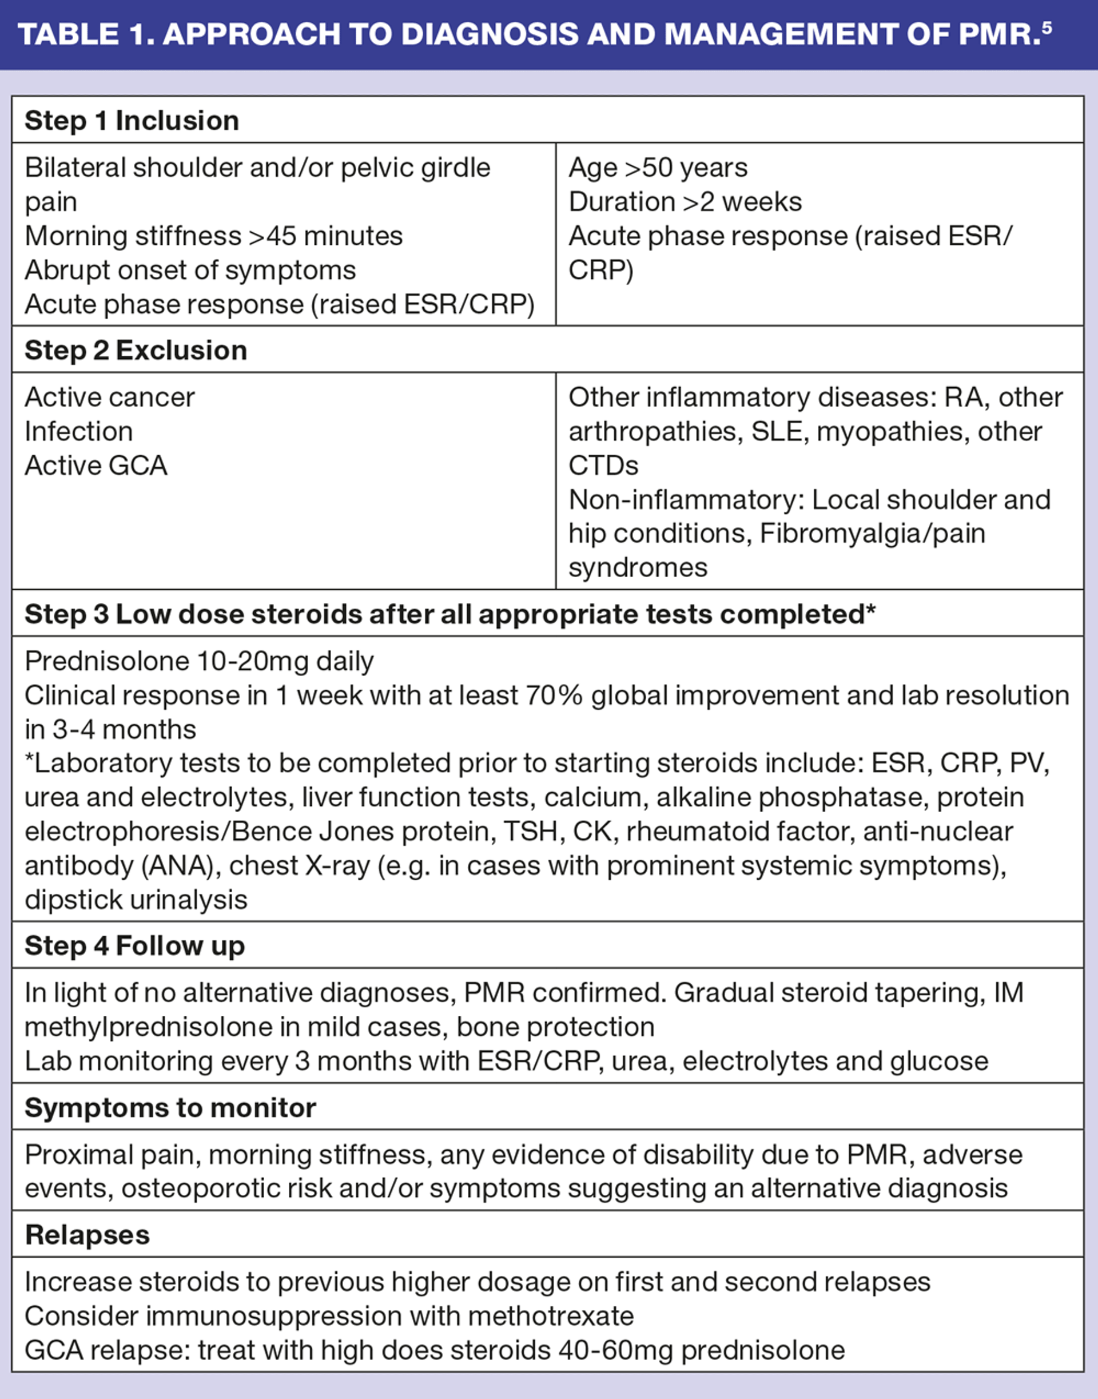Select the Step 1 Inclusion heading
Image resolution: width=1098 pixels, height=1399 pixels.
132,121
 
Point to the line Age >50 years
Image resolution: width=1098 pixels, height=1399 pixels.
658,168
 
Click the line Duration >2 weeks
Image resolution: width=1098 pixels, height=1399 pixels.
685,202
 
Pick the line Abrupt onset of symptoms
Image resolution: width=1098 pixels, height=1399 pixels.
190,270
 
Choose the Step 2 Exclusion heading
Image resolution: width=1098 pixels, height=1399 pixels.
136,351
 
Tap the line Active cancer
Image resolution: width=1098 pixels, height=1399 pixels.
110,398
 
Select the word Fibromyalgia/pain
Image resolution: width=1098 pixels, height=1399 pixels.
872,534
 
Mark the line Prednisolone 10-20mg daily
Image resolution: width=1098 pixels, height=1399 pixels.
199,662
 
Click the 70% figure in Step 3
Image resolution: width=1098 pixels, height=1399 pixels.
554,695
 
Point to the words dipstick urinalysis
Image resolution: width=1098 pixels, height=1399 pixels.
136,900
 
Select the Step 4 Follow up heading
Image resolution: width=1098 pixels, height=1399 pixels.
135,947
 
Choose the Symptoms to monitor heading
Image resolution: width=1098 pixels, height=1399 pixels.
170,1108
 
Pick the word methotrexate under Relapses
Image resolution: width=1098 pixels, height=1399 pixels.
550,1316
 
